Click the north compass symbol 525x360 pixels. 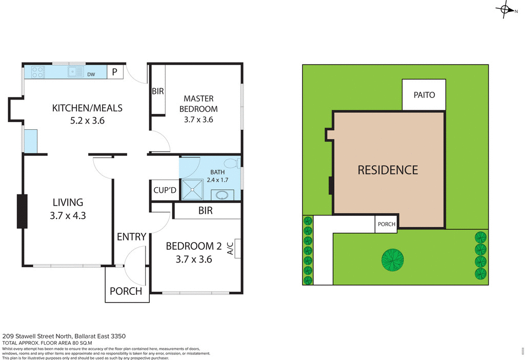[x=504, y=9]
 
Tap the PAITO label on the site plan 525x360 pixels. [x=424, y=95]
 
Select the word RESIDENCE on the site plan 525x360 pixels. [x=388, y=170]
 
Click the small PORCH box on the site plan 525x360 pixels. [x=386, y=225]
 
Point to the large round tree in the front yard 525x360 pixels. [x=392, y=259]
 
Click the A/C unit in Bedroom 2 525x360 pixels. [x=237, y=249]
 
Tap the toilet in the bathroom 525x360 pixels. [x=232, y=164]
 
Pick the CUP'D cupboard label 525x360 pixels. [x=165, y=191]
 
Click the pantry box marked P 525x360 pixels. [x=115, y=72]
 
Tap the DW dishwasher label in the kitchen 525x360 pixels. [x=91, y=74]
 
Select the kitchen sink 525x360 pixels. [x=76, y=72]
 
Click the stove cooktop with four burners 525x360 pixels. [x=38, y=72]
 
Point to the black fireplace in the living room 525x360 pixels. [x=22, y=211]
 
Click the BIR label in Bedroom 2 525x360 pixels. [x=205, y=211]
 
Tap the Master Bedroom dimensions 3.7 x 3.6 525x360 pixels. [x=198, y=120]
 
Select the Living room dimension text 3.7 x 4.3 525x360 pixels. [x=68, y=216]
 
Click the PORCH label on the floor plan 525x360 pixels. [x=126, y=291]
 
